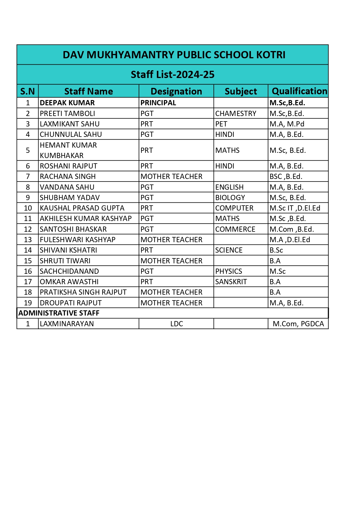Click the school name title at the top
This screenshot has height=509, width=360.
(174, 55)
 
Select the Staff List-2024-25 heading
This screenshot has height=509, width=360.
(173, 75)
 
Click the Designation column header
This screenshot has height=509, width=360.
(176, 91)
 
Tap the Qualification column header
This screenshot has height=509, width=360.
(299, 91)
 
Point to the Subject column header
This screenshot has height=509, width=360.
(241, 91)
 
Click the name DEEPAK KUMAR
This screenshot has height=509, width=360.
(67, 103)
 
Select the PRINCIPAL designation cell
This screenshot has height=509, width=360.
(158, 103)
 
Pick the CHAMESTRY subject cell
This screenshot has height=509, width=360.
(236, 113)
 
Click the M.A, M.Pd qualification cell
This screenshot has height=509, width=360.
(287, 124)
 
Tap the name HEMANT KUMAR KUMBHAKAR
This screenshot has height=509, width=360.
(68, 150)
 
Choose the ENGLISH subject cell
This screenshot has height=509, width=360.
(229, 187)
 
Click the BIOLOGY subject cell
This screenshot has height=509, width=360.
(230, 198)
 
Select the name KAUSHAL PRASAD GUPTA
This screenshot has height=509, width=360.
(82, 208)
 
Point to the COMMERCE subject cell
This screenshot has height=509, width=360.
(235, 229)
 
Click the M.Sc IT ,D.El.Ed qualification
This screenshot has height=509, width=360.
(295, 208)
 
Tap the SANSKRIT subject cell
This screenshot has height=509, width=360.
(231, 282)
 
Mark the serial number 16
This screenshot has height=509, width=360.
(28, 271)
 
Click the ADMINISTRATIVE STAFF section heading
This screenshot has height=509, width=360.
(59, 313)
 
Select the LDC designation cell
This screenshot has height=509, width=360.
(177, 324)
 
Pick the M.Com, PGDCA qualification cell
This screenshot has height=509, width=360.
(298, 324)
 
